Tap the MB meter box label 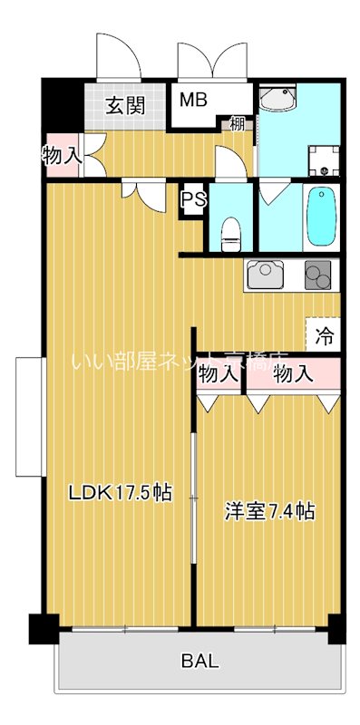[192, 100]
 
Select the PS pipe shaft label [192, 199]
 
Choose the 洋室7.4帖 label [269, 512]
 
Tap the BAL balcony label [200, 661]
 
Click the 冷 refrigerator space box [324, 336]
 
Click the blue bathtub [321, 217]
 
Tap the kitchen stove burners [318, 274]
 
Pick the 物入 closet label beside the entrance [62, 156]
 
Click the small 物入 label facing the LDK [218, 373]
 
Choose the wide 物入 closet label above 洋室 [293, 373]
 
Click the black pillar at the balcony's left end [40, 627]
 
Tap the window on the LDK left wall [29, 416]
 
